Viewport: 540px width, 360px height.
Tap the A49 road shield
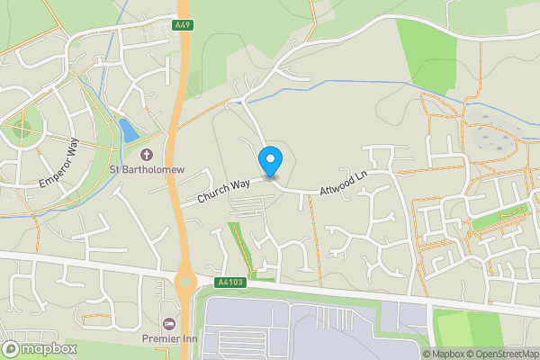183,26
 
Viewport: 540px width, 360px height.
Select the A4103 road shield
230,283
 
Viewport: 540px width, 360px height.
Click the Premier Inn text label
167,338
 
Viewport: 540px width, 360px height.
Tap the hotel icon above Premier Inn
167,323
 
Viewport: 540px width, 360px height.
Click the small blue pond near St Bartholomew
129,131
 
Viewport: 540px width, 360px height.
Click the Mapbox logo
40,348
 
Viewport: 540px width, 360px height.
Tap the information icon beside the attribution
415,354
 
